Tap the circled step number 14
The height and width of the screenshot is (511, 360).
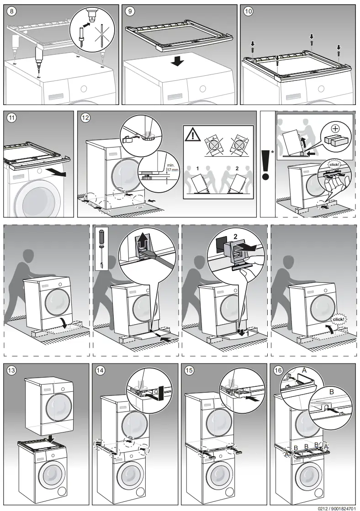(x=101, y=370)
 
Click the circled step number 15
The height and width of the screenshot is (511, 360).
(x=190, y=370)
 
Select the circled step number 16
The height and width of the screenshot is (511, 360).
(x=278, y=370)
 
